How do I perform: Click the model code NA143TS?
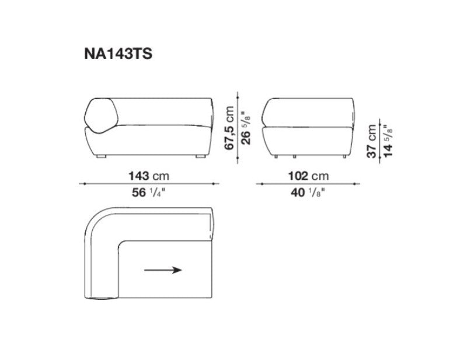[119, 54]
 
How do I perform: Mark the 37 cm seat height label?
[372, 139]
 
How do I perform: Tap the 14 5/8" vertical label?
[388, 139]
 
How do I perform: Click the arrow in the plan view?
[163, 270]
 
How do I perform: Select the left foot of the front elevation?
[102, 157]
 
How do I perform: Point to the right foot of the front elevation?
[200, 157]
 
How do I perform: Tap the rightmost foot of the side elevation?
[346, 157]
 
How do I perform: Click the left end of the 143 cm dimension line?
[81, 184]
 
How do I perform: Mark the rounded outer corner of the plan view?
[97, 219]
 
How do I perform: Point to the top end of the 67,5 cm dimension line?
[238, 92]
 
